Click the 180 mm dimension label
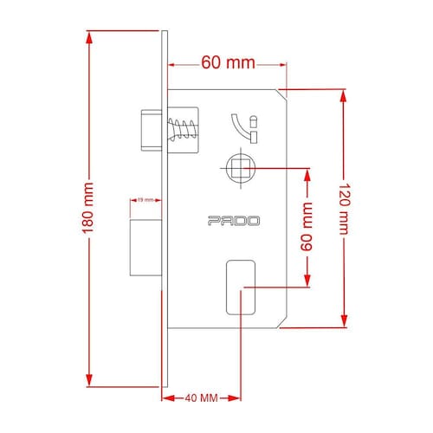[88, 208]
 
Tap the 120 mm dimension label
[344, 209]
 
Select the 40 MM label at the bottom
[202, 398]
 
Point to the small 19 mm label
[145, 200]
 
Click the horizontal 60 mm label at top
[228, 62]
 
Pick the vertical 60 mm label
[307, 227]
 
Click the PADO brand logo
[234, 221]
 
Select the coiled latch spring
[183, 129]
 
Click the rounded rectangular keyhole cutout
[241, 288]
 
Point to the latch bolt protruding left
[152, 130]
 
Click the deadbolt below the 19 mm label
[145, 248]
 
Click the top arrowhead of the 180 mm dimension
[89, 37]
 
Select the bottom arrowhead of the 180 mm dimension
[89, 380]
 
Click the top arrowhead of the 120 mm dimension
[343, 96]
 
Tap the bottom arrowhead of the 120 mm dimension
[344, 321]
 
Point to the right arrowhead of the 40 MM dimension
[234, 398]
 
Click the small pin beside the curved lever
[254, 121]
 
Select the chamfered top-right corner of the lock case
[282, 94]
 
